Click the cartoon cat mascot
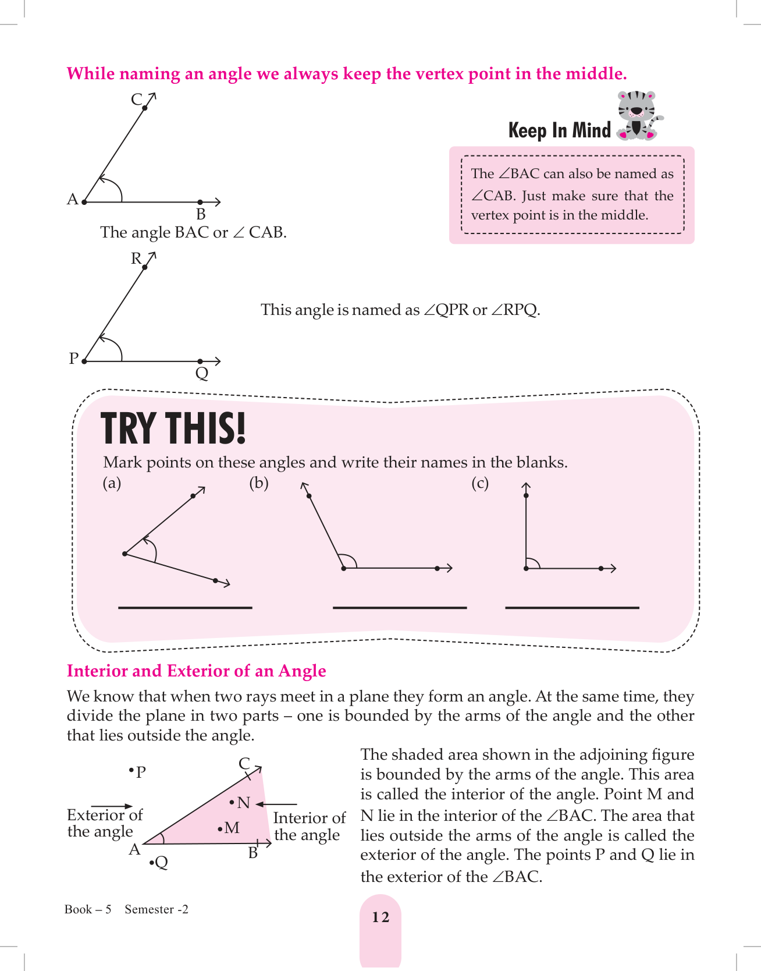pyautogui.click(x=639, y=115)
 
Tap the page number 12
pyautogui.click(x=380, y=917)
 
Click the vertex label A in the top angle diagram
pyautogui.click(x=73, y=200)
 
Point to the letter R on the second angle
pyautogui.click(x=136, y=258)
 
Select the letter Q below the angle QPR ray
pyautogui.click(x=202, y=374)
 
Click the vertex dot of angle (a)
pyautogui.click(x=125, y=554)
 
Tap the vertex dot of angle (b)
pyautogui.click(x=344, y=568)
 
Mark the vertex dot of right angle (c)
pyautogui.click(x=526, y=568)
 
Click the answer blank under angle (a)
pyautogui.click(x=185, y=607)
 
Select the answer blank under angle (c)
pyautogui.click(x=572, y=607)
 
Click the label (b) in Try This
pyautogui.click(x=259, y=483)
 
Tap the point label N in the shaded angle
pyautogui.click(x=243, y=803)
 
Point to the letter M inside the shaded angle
pyautogui.click(x=232, y=828)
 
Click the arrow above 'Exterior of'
pyautogui.click(x=112, y=806)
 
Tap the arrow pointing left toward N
pyautogui.click(x=276, y=805)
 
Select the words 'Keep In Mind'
pyautogui.click(x=560, y=130)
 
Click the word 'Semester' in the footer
pyautogui.click(x=150, y=909)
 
